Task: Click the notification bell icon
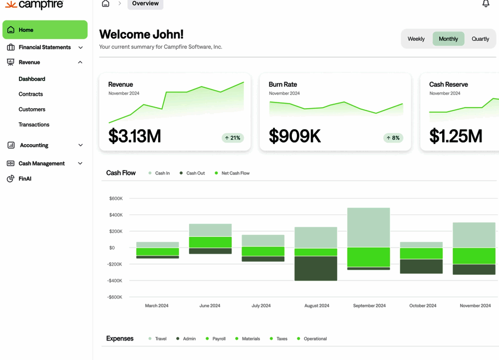click(486, 4)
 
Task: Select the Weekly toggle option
click(416, 39)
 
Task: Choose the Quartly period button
click(480, 39)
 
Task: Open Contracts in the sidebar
click(31, 94)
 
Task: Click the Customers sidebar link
click(32, 109)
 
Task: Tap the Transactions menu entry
click(34, 125)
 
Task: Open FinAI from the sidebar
click(25, 179)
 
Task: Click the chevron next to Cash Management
click(80, 164)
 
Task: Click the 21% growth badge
click(233, 138)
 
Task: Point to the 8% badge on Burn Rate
click(393, 138)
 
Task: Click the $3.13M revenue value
click(135, 136)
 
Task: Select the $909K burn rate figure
click(295, 136)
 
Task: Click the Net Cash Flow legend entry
click(235, 174)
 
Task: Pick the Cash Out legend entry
click(195, 174)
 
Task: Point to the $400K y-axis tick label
click(115, 215)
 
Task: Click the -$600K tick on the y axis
click(115, 297)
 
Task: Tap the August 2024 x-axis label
click(317, 306)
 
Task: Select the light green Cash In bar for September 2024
click(368, 227)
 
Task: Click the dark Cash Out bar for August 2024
click(316, 268)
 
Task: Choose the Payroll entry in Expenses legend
click(219, 339)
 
